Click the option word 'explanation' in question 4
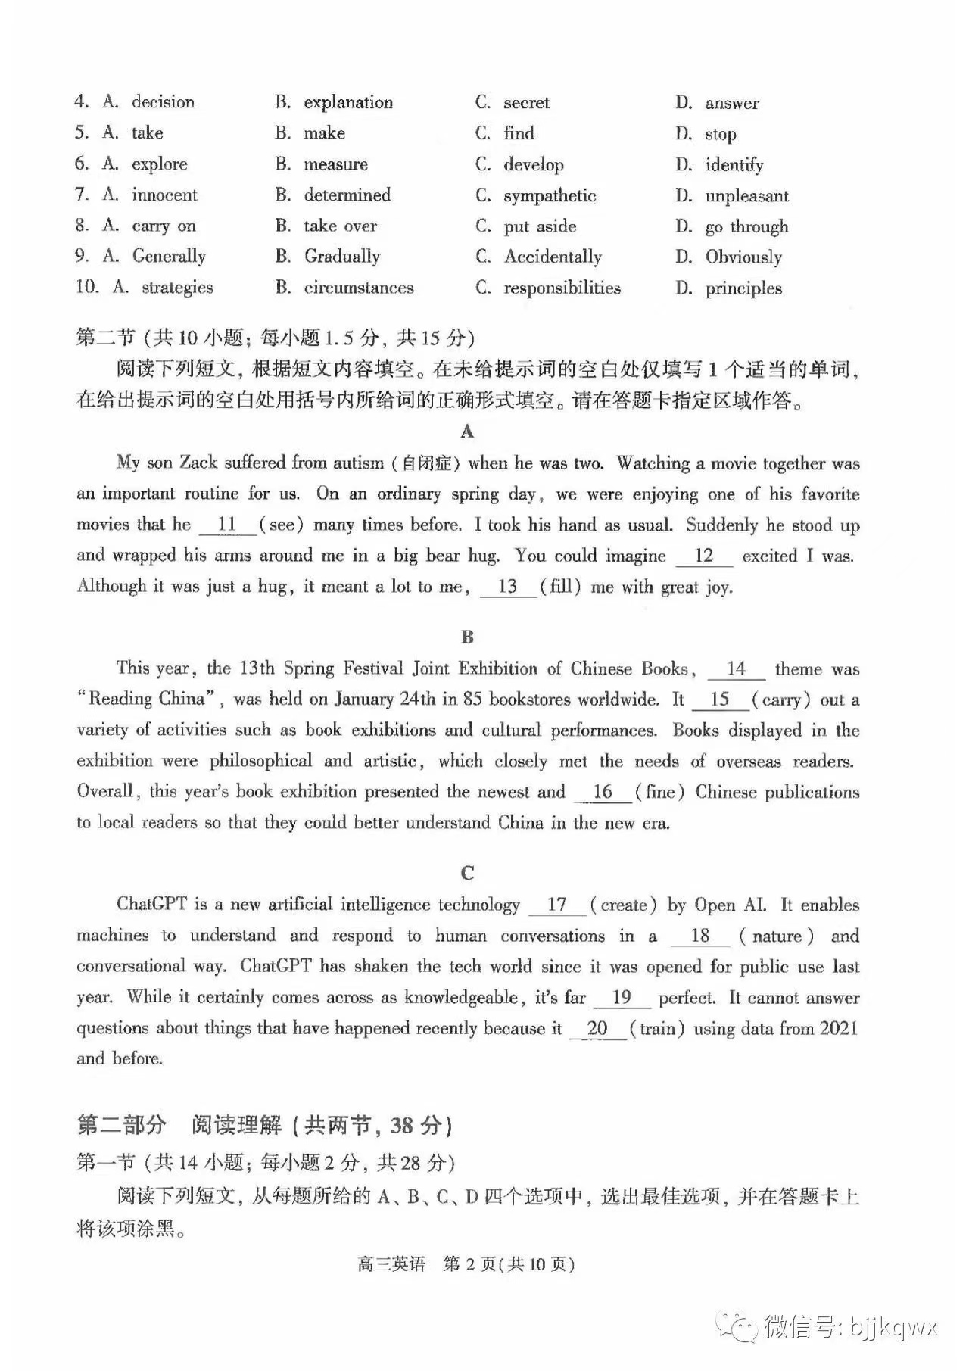pos(348,103)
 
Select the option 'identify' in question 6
pos(734,165)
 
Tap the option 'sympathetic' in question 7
pos(550,196)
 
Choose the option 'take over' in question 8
pos(340,226)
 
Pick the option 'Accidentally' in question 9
pos(553,257)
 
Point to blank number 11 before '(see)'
pos(227,525)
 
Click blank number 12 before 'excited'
pos(704,556)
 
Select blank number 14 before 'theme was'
pos(736,669)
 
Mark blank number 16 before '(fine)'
pos(603,792)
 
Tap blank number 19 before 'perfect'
pos(622,998)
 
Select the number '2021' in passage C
pos(838,1029)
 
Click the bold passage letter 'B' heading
pos(468,637)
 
